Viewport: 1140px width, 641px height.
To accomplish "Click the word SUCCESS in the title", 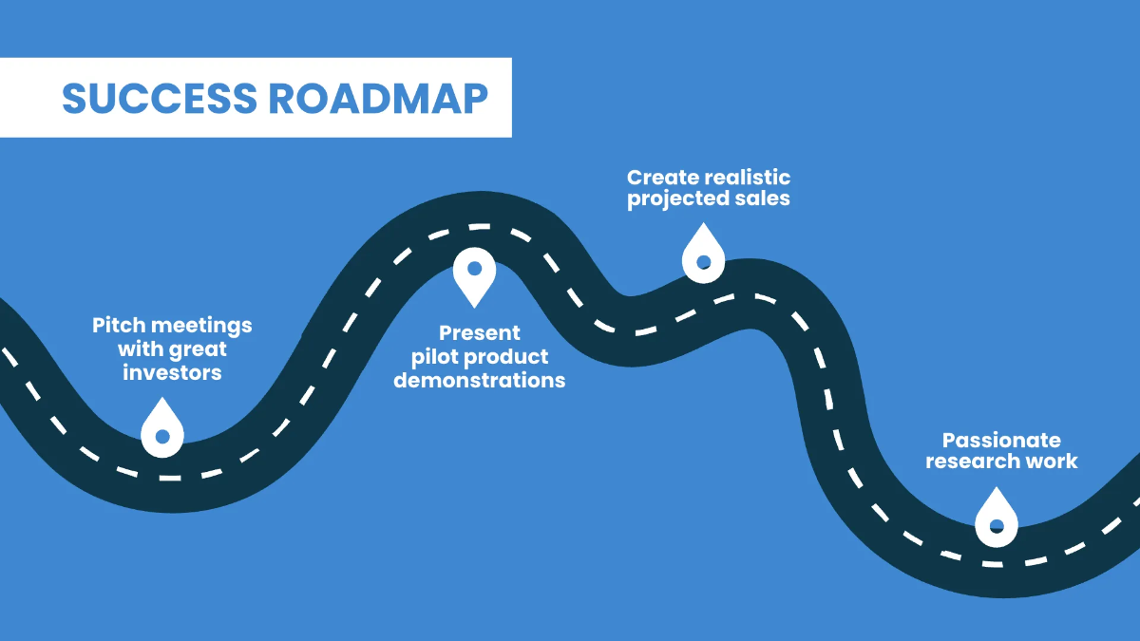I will click(158, 98).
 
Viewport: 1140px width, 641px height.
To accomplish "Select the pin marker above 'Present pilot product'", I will click(473, 271).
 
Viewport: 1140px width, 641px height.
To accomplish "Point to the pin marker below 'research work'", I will click(997, 520).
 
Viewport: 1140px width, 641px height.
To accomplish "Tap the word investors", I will click(172, 372).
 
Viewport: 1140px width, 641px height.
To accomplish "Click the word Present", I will click(479, 333).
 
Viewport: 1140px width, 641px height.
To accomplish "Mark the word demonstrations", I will click(479, 381).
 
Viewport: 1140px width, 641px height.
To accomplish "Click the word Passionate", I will click(1001, 440).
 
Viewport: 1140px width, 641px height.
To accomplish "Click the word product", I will click(505, 357).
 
